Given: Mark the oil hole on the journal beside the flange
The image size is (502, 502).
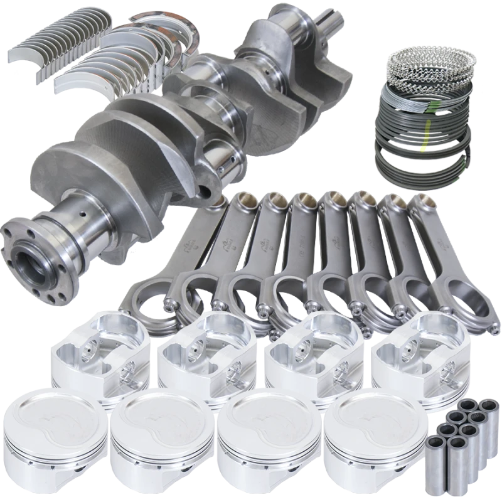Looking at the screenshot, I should (81, 205).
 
